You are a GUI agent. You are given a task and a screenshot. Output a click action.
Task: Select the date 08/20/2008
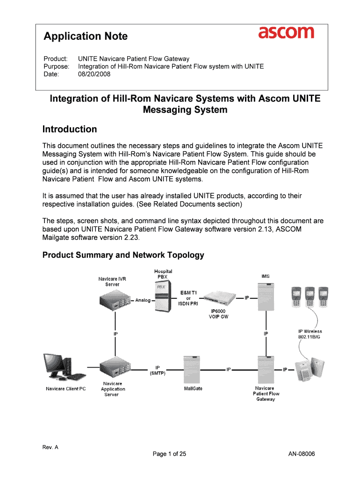point(94,74)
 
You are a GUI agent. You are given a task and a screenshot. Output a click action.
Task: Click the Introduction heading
point(70,129)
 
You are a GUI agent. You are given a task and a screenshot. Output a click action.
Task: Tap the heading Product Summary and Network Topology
point(123,255)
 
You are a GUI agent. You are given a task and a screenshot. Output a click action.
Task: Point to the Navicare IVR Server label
point(112,282)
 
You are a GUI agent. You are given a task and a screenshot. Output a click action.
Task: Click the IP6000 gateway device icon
point(217,297)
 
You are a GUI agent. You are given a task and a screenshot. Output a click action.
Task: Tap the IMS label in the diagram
point(265,276)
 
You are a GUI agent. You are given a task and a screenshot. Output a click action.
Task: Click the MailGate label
point(193,389)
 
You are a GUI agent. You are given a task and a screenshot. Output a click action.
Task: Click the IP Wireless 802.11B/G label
point(310,334)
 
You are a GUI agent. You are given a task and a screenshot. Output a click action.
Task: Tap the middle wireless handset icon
point(310,296)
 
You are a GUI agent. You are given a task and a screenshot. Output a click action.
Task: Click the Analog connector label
point(143,300)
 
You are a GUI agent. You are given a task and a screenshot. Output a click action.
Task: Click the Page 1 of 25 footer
point(169,453)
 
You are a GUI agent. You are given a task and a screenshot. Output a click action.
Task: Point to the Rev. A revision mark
point(50,447)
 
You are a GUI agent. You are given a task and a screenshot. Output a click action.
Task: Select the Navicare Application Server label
point(113,389)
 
